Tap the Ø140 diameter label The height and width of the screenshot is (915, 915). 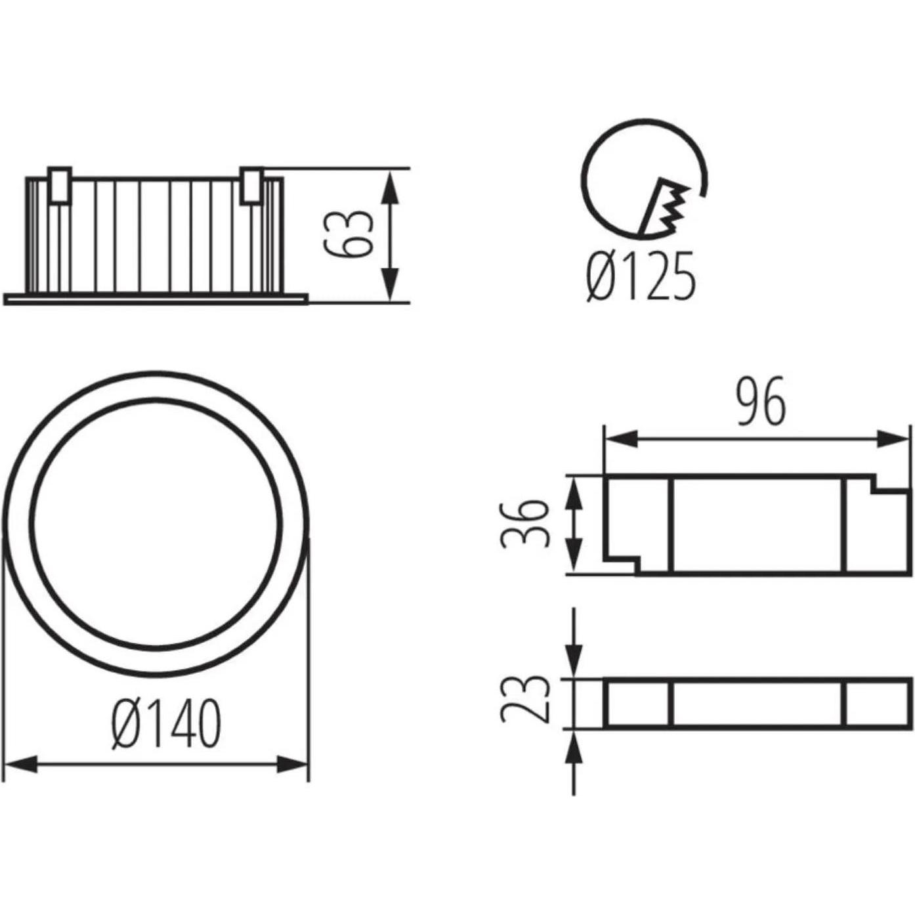tap(166, 724)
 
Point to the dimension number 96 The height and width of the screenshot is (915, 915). tap(759, 402)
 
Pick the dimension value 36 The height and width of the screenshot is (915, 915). tap(524, 524)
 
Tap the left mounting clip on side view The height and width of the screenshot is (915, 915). tap(59, 185)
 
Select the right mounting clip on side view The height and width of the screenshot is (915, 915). tap(251, 185)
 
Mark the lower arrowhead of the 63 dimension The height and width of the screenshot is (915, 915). tap(390, 286)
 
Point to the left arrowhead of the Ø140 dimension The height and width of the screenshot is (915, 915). tap(20, 764)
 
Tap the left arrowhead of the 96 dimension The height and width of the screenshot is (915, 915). tap(620, 439)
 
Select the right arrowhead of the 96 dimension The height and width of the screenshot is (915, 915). tap(894, 439)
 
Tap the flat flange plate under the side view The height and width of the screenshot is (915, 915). tap(155, 299)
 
